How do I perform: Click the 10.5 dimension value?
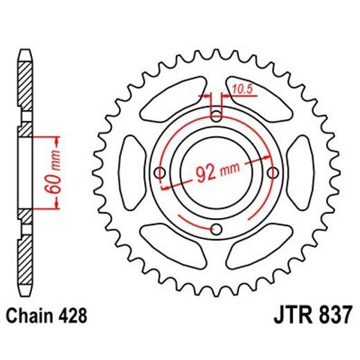pyautogui.click(x=242, y=89)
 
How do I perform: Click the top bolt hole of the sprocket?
pyautogui.click(x=216, y=115)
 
